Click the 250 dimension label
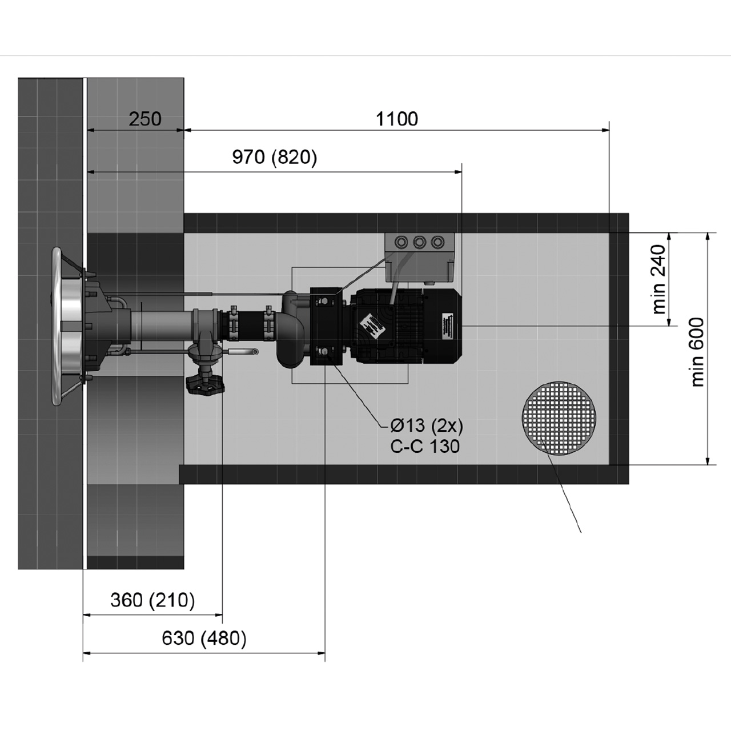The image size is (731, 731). [145, 119]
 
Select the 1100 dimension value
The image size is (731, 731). [397, 119]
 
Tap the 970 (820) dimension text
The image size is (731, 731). [275, 157]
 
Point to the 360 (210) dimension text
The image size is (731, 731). [152, 600]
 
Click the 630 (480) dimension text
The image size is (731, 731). [204, 638]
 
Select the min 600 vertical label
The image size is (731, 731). [697, 352]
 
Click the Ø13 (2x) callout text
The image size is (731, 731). [427, 426]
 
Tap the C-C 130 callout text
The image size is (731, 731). [425, 446]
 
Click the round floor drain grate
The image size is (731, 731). [559, 417]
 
